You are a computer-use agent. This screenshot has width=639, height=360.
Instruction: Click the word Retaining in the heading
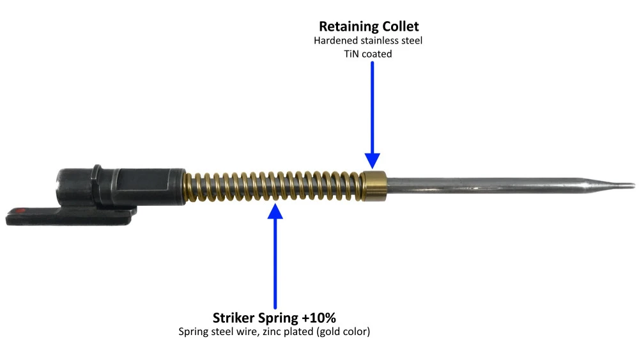pyautogui.click(x=347, y=27)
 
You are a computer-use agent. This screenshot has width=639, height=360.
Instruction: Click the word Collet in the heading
pyautogui.click(x=399, y=26)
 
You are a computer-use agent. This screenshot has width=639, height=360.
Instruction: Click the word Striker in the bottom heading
pyautogui.click(x=234, y=318)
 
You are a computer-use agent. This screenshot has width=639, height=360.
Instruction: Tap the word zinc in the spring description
pyautogui.click(x=270, y=331)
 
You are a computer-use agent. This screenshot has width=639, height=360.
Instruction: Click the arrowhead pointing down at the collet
pyautogui.click(x=372, y=160)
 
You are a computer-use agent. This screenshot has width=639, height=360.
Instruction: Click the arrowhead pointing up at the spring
pyautogui.click(x=275, y=211)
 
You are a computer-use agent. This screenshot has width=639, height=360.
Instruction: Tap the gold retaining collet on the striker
pyautogui.click(x=374, y=186)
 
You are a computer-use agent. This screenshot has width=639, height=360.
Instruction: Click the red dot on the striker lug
pyautogui.click(x=20, y=211)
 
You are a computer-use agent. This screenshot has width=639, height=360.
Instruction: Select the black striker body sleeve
pyautogui.click(x=120, y=187)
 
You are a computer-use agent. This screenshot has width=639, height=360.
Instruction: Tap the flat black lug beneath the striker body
pyautogui.click(x=71, y=215)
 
